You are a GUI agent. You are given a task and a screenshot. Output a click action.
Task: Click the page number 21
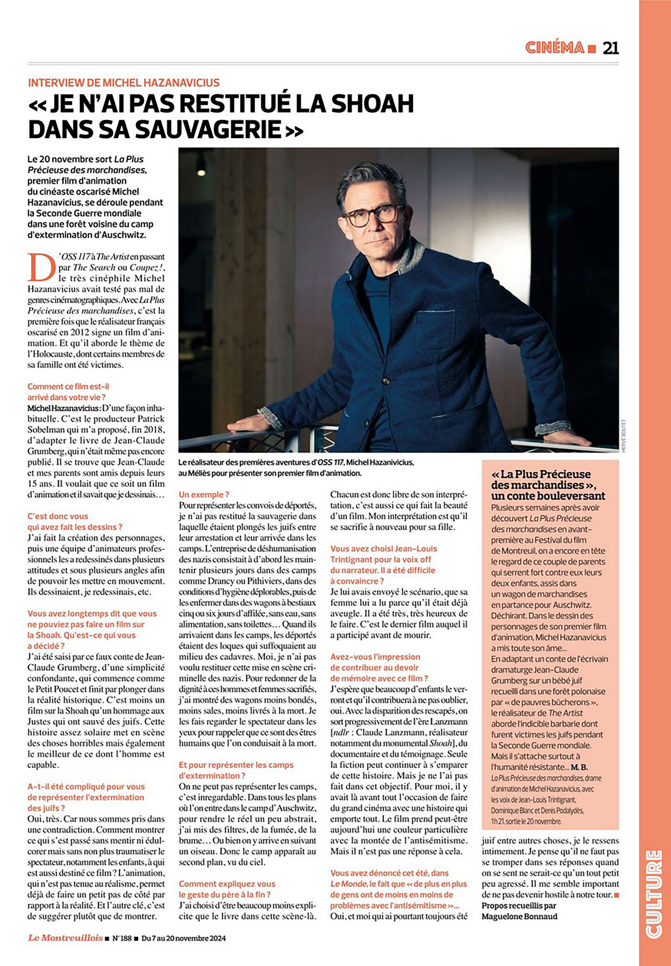[x=610, y=48]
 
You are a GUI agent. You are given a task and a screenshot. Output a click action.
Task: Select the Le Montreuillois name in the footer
[x=65, y=938]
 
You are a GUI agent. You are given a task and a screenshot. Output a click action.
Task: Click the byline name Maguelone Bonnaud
[x=519, y=916]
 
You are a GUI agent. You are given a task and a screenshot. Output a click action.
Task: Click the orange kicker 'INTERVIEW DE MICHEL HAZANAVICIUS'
[x=124, y=82]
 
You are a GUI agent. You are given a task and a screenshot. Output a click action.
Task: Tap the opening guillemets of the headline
[x=37, y=105]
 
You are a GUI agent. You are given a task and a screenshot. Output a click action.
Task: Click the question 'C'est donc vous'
[x=58, y=516]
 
